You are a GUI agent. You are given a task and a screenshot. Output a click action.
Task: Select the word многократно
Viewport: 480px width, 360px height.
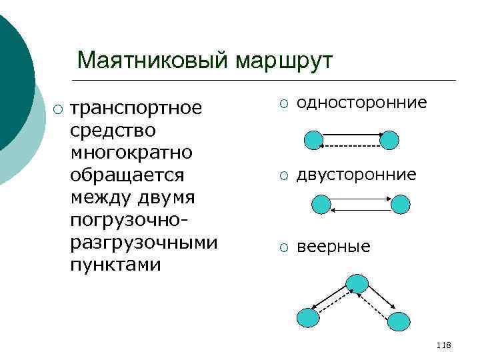click(131, 153)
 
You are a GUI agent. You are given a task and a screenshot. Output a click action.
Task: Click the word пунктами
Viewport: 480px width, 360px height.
click(115, 265)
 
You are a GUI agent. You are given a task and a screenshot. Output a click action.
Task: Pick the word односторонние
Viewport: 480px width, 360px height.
click(361, 103)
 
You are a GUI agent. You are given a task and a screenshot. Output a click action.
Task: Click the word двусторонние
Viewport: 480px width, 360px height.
click(356, 175)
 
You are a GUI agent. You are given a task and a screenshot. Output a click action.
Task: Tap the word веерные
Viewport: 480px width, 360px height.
click(333, 247)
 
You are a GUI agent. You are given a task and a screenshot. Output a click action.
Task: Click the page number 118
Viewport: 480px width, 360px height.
click(443, 345)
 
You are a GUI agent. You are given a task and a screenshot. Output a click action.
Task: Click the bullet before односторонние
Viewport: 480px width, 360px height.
click(284, 103)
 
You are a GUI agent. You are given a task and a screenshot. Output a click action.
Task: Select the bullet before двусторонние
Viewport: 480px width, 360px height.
click(284, 175)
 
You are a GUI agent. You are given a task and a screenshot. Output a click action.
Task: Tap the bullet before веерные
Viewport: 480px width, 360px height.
click(284, 247)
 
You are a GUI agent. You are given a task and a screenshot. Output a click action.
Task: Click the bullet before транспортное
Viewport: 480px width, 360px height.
click(59, 109)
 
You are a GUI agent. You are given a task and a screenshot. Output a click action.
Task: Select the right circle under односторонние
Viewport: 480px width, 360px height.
click(389, 140)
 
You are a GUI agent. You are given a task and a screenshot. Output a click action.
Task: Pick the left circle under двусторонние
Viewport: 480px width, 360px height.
click(321, 204)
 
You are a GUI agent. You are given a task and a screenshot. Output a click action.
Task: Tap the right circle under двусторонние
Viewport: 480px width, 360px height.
click(401, 204)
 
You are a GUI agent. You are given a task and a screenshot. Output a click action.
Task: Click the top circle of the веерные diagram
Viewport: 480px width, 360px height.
click(357, 283)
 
